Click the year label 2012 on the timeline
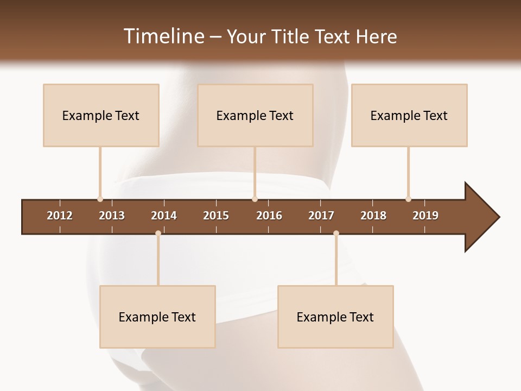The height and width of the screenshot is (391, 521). point(60,216)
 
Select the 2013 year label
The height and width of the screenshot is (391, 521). point(112,216)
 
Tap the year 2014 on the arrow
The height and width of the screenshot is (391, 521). point(164,216)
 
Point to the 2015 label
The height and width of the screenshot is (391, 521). point(216,216)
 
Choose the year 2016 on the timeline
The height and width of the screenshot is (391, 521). point(269,216)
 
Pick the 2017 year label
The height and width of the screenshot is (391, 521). point(321,216)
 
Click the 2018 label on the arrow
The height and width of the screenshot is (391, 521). point(373,216)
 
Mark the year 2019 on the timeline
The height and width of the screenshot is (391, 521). point(425,216)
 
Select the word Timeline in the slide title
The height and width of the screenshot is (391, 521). point(163,36)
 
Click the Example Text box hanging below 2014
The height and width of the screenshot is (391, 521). point(157,317)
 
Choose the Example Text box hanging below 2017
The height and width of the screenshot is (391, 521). point(335,317)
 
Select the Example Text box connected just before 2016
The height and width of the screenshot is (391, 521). point(255,115)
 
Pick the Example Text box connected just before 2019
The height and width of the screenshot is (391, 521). point(409,115)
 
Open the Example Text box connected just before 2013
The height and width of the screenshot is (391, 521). point(101,115)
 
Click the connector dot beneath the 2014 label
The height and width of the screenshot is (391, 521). point(158,234)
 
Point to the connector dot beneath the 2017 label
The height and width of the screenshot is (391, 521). point(336,234)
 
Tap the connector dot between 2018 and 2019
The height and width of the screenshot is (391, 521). point(408,199)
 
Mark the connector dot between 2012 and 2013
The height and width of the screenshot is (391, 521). point(100,199)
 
